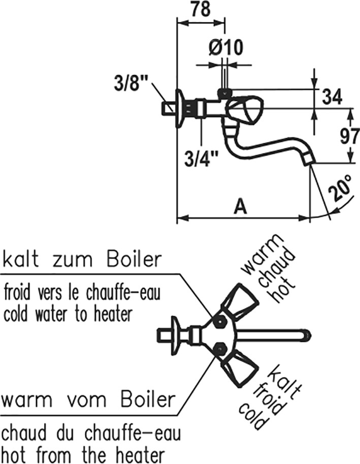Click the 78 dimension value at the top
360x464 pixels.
pos(201,9)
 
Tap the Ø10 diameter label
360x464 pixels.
pos(226,47)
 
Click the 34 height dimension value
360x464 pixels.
pos(332,97)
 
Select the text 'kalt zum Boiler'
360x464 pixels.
pos(82,260)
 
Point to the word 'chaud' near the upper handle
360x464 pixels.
pos(277,269)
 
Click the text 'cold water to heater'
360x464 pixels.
pos(68,314)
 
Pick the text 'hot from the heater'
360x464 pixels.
pos(83,454)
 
